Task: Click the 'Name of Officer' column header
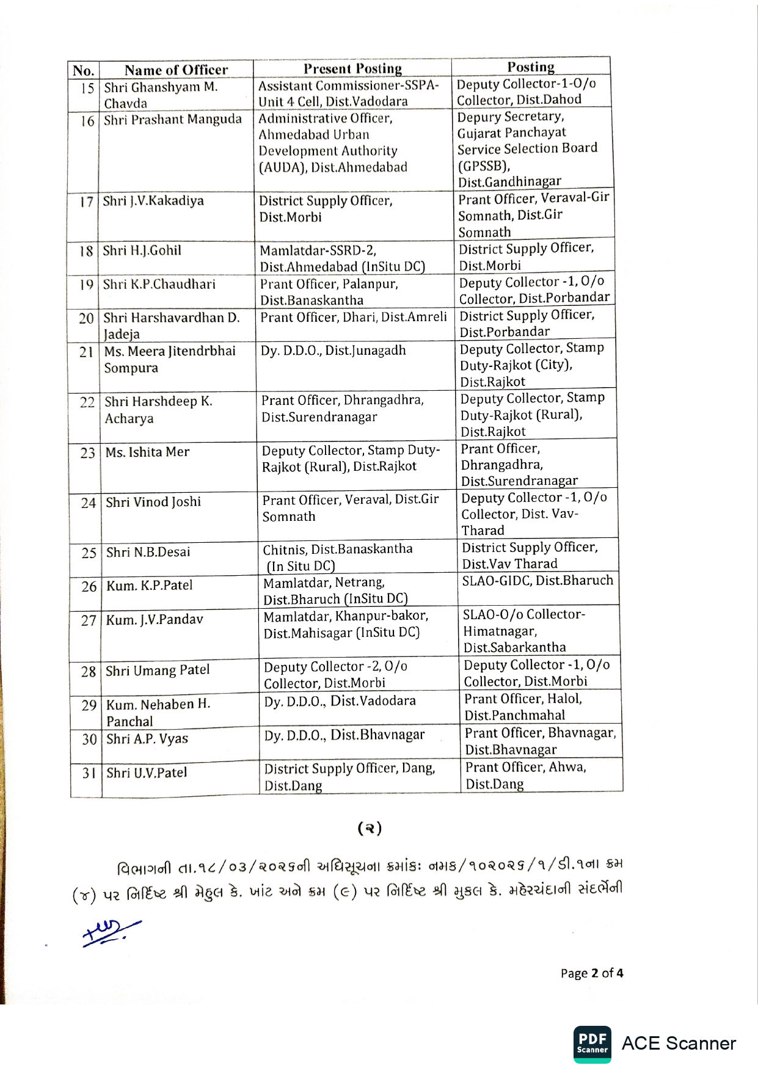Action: [176, 70]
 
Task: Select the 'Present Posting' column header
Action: [352, 68]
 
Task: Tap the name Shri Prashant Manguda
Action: [172, 119]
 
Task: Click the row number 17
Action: [86, 201]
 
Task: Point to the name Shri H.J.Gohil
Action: [142, 250]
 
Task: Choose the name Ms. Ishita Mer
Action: [147, 452]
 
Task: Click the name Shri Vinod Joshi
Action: [153, 502]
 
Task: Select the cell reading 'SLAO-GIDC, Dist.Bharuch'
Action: [538, 580]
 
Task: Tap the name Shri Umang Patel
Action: [158, 670]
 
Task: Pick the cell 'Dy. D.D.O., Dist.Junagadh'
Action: [333, 350]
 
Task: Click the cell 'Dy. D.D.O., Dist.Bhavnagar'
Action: [344, 735]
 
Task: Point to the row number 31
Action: [89, 773]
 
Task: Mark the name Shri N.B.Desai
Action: [148, 552]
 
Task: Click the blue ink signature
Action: [111, 932]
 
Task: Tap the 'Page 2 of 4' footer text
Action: [591, 973]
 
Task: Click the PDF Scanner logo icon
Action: [592, 1044]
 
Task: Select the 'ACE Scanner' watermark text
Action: [678, 1044]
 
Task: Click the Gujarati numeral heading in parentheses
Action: [370, 828]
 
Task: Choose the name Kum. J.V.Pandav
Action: [154, 620]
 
